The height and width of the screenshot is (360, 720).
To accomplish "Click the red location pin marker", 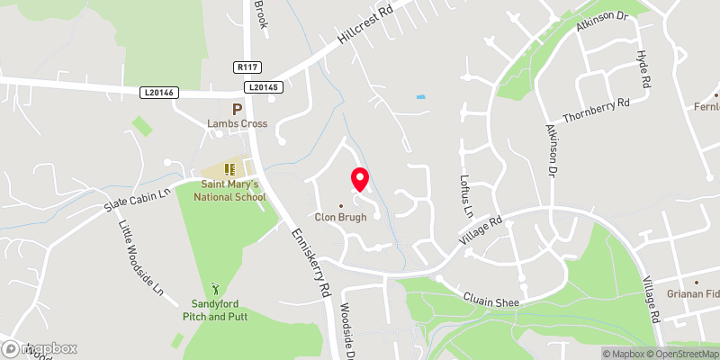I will coord(359,179).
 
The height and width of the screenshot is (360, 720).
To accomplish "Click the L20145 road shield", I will coord(261,87).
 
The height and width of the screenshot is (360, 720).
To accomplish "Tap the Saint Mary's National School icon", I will coord(229,168).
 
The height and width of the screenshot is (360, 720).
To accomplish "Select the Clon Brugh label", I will coord(340,216).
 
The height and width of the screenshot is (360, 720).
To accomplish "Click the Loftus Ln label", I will coord(466,197).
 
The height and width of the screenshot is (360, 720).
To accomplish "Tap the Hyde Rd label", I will coord(643,67).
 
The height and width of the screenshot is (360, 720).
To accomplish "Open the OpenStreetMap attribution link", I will coord(675,353).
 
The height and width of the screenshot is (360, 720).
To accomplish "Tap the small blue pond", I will coord(421,96).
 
